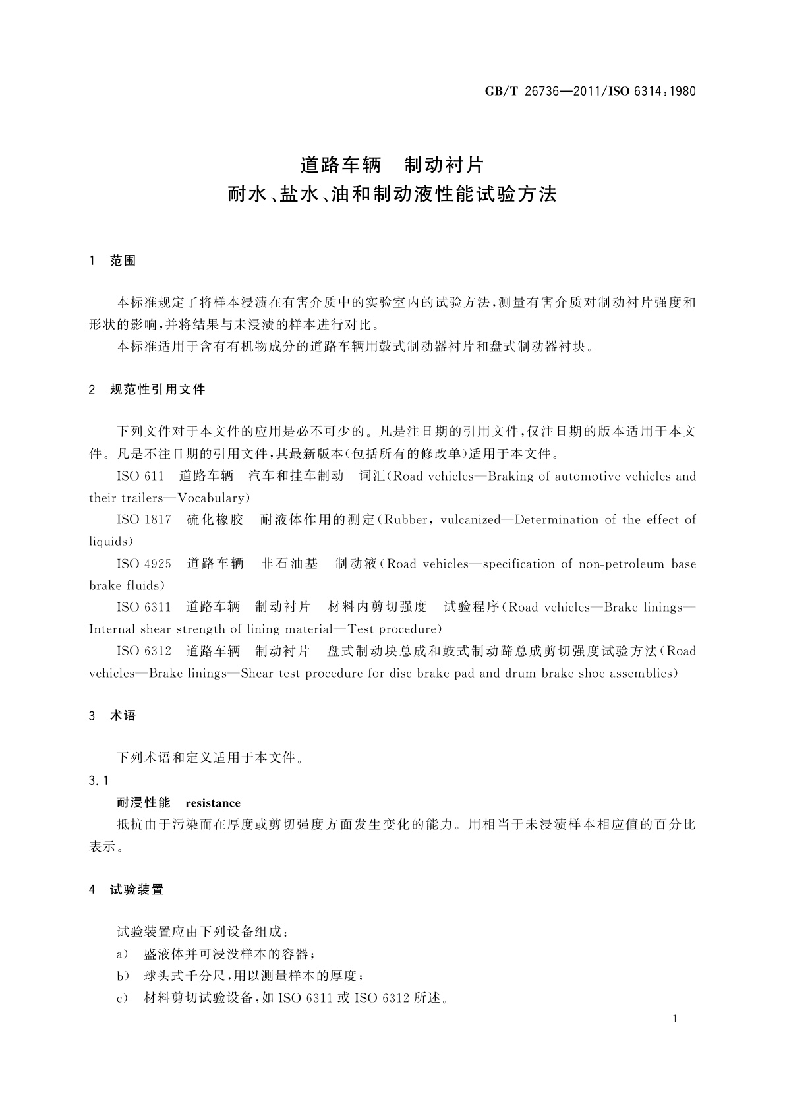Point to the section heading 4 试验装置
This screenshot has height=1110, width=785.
tap(126, 890)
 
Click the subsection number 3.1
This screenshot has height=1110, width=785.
tap(99, 781)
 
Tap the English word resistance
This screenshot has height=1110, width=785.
tap(213, 803)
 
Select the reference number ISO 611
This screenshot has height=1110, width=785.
tap(140, 476)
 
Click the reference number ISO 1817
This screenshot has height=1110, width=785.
tap(144, 519)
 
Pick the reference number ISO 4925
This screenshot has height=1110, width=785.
tap(144, 564)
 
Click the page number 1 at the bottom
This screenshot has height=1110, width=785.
tap(675, 1019)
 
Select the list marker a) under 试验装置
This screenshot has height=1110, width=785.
tap(122, 954)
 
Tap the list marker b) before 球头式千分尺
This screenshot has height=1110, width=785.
tap(122, 976)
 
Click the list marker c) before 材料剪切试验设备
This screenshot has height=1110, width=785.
tap(122, 998)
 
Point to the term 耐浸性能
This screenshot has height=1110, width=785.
tap(143, 803)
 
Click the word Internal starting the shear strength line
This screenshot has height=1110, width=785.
tap(112, 629)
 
